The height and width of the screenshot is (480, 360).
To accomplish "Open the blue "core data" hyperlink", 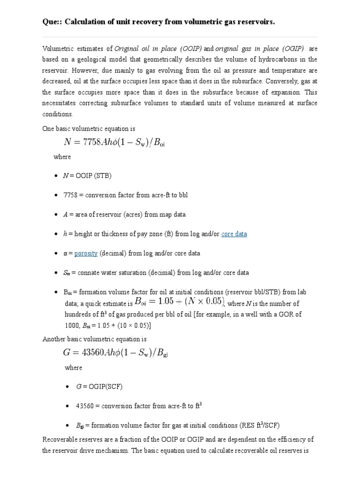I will pyautogui.click(x=234, y=234).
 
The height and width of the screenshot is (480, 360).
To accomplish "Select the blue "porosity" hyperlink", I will pyautogui.click(x=86, y=253).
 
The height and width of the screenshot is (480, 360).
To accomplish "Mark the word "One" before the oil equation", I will pyautogui.click(x=49, y=128).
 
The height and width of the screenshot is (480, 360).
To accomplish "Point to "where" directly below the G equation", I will pyautogui.click(x=73, y=367).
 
